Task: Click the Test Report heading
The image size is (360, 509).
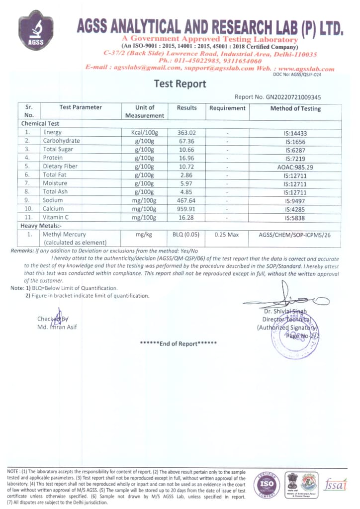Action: [180, 84]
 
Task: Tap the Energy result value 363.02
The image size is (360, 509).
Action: [186, 133]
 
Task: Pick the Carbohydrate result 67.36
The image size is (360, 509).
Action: [186, 141]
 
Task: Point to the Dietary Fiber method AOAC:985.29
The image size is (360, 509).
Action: [295, 167]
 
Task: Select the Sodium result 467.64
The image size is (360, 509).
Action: [186, 201]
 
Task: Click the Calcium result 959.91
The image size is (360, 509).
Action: [186, 209]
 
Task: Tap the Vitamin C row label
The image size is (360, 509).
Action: [56, 218]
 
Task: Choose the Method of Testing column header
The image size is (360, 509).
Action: [295, 108]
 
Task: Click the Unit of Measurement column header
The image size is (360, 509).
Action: [145, 111]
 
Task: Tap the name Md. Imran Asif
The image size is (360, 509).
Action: [57, 327]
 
